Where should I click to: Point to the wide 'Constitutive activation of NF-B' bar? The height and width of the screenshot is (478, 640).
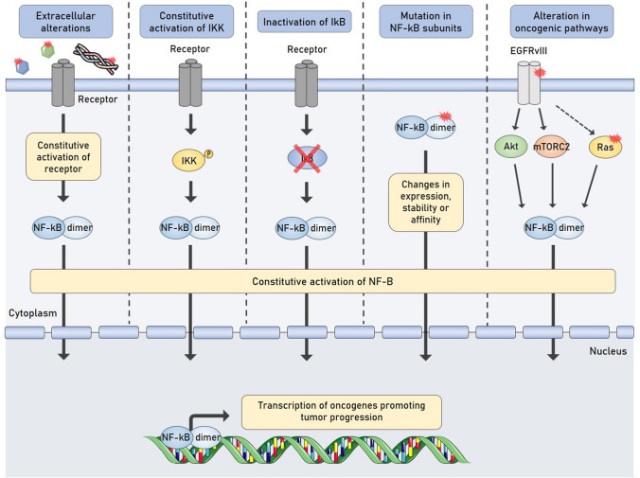click(x=323, y=280)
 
